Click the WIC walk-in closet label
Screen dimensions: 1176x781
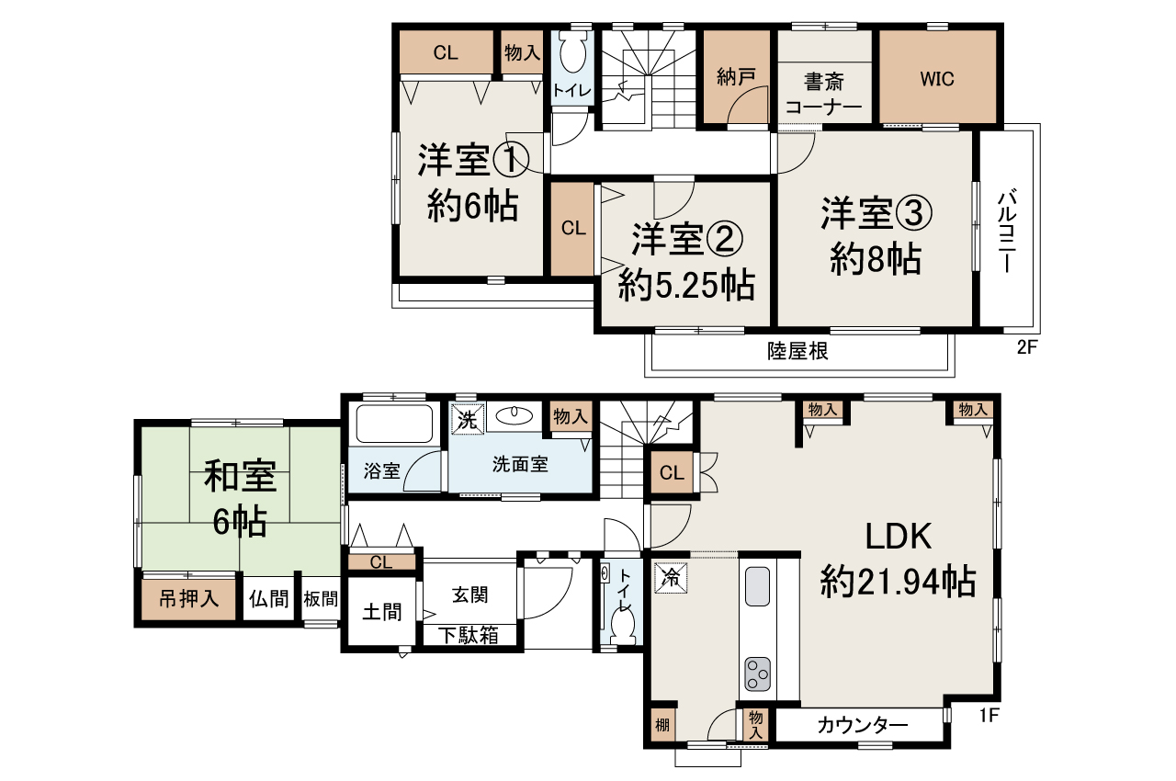(937, 79)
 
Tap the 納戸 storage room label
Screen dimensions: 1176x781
(736, 78)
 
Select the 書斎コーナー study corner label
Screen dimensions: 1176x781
(824, 95)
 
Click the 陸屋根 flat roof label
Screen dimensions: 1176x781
(797, 351)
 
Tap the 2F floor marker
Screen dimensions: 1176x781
(1027, 347)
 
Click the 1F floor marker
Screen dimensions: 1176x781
(989, 715)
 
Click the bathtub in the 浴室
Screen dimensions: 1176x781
(394, 424)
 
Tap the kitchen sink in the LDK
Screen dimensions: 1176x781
(757, 586)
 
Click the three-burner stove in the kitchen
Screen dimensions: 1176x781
(757, 674)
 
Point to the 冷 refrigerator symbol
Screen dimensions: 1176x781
(671, 578)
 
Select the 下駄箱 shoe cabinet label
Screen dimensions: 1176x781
(469, 636)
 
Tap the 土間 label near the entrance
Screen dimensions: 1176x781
(381, 612)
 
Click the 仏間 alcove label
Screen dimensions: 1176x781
(269, 598)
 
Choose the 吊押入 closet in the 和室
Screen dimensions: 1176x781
(188, 598)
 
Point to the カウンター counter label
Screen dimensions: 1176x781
(863, 726)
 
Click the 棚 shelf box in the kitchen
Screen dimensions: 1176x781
(662, 725)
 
